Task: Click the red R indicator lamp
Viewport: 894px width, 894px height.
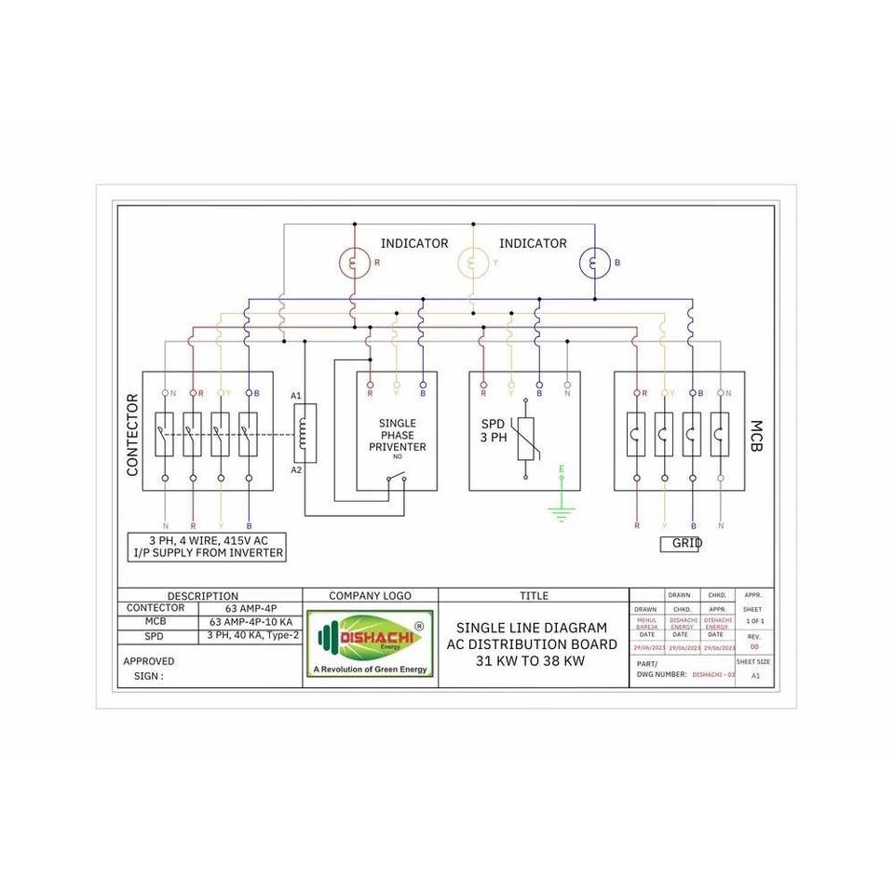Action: point(354,263)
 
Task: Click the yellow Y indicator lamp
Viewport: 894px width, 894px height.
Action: point(473,263)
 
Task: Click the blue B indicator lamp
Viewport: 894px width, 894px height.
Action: point(594,263)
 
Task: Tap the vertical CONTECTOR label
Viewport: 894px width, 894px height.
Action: point(132,435)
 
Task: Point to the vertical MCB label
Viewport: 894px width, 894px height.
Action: point(755,435)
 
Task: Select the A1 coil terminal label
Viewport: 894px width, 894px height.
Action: point(296,397)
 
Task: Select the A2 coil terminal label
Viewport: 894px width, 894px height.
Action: point(296,469)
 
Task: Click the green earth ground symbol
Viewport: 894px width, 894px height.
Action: point(561,510)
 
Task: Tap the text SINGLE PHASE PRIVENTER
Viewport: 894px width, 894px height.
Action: point(398,435)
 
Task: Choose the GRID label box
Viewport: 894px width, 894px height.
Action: point(680,544)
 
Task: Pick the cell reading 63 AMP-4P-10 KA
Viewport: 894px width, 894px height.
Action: point(251,622)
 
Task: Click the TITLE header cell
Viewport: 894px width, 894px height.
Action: point(534,596)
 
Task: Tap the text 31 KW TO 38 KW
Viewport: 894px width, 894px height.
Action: point(531,661)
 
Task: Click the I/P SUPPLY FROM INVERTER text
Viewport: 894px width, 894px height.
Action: point(207,553)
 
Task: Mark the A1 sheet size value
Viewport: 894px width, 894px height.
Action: point(754,677)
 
